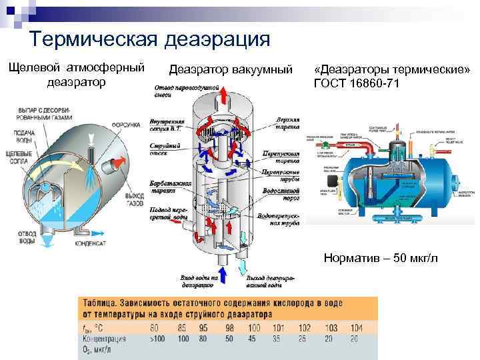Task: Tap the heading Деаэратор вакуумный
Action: pos(231,69)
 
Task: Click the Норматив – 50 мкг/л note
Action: pos(381,257)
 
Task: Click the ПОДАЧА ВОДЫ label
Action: pos(23,137)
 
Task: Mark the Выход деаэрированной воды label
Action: pos(264,281)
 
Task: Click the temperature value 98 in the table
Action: pos(229,329)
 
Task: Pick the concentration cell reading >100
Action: pos(159,339)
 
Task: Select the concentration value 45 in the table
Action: pos(253,339)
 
